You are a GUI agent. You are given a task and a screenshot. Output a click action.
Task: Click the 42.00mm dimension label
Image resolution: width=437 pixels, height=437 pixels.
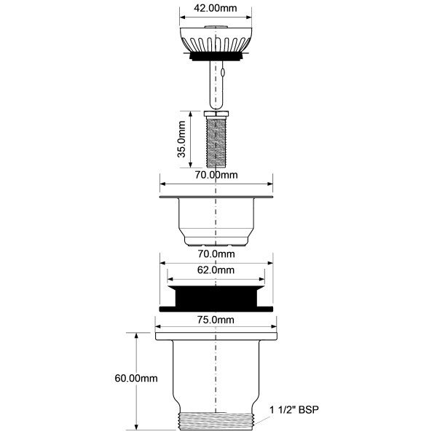pyautogui.click(x=215, y=8)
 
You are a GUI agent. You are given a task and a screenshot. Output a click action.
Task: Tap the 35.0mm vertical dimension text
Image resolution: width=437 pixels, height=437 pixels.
pyautogui.click(x=181, y=139)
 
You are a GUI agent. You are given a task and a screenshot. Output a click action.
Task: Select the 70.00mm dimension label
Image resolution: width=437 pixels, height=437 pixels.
pyautogui.click(x=216, y=175)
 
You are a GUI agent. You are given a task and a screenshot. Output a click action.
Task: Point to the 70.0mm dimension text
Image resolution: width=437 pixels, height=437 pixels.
pyautogui.click(x=216, y=254)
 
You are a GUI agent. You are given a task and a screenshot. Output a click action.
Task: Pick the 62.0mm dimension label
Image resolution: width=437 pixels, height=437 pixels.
pyautogui.click(x=216, y=269)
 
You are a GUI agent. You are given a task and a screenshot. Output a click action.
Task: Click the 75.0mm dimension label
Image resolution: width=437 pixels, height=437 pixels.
pyautogui.click(x=216, y=320)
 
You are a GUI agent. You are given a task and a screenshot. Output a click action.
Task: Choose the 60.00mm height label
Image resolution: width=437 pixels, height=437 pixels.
pyautogui.click(x=136, y=378)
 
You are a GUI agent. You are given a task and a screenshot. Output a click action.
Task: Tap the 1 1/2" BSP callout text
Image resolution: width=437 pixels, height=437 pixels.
pyautogui.click(x=294, y=409)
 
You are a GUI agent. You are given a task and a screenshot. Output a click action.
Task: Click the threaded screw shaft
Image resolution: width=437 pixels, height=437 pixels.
pyautogui.click(x=216, y=142)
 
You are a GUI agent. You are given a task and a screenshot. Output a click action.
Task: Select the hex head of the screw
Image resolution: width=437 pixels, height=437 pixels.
pyautogui.click(x=216, y=114)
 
